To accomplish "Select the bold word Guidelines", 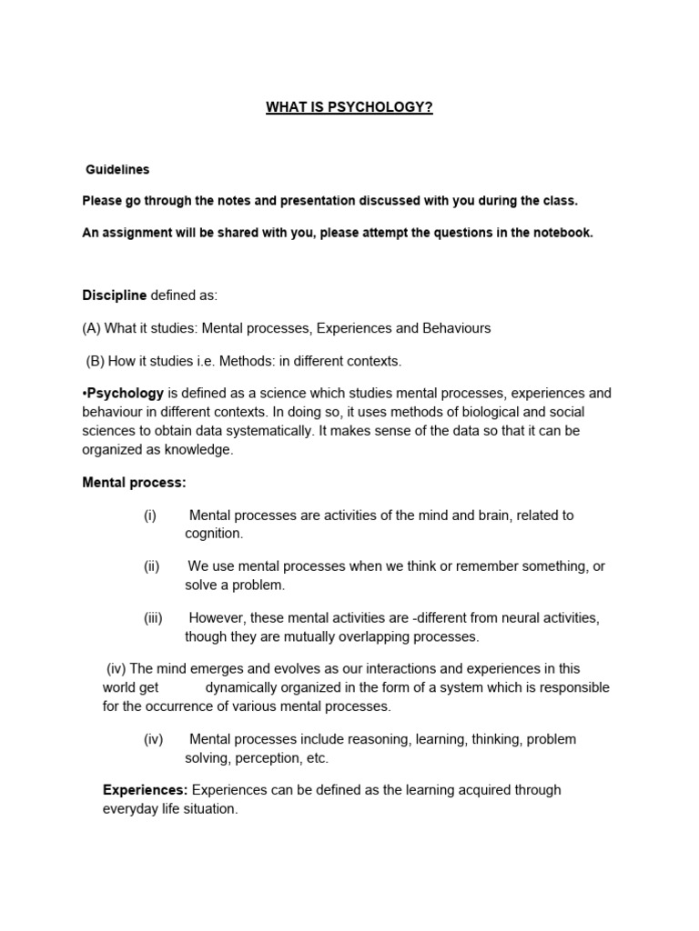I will [x=117, y=169].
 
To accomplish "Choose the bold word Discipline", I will [x=115, y=295].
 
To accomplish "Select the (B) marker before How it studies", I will [x=96, y=361].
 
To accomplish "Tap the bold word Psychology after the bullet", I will [x=126, y=394].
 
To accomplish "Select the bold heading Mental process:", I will [x=134, y=483].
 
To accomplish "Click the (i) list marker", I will [x=150, y=516].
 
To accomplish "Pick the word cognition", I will [x=213, y=534].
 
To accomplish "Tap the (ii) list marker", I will [x=151, y=566].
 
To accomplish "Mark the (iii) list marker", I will [x=153, y=618].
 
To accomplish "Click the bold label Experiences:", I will [x=146, y=790].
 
